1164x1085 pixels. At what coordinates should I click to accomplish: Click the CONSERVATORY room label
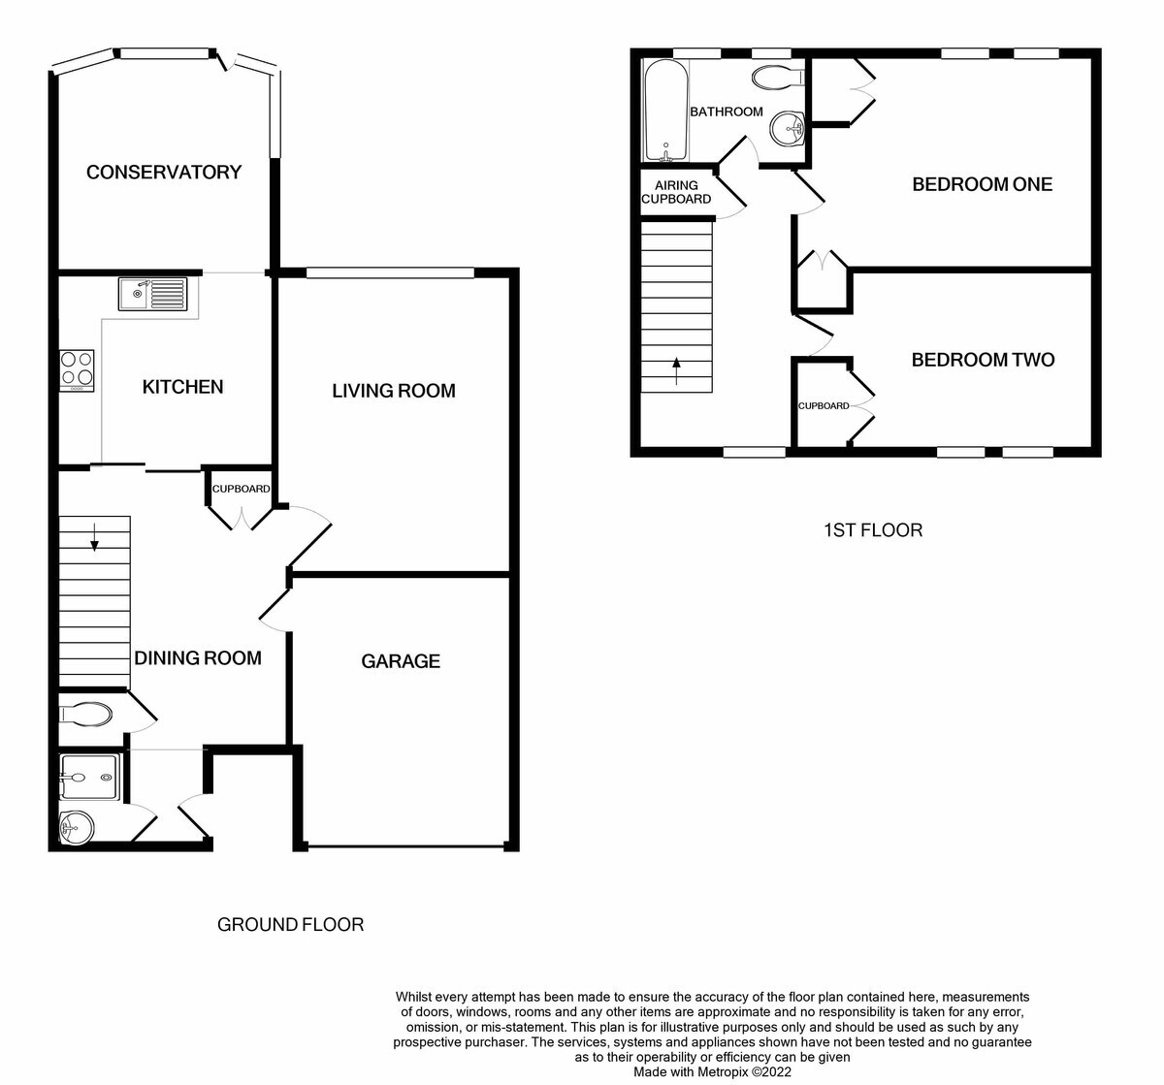[164, 172]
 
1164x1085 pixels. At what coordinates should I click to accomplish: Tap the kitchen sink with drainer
[153, 294]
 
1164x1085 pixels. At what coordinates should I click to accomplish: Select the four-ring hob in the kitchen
[77, 371]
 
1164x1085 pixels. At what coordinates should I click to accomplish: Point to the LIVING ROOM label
[393, 391]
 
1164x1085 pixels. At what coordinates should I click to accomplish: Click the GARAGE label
[401, 661]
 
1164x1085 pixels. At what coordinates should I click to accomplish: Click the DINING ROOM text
[198, 658]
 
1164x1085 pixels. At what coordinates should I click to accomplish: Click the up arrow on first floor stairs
[676, 370]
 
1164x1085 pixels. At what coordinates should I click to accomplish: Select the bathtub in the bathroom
[665, 111]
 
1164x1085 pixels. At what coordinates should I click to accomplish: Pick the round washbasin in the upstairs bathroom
[789, 128]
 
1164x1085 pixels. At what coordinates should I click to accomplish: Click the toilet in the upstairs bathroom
[778, 78]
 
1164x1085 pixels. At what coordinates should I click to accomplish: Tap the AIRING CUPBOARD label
[676, 192]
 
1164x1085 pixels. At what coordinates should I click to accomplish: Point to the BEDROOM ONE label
[983, 184]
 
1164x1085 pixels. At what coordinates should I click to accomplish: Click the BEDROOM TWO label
[983, 360]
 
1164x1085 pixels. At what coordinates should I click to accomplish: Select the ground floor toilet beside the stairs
[85, 715]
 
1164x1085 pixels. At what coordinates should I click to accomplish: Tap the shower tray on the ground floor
[90, 777]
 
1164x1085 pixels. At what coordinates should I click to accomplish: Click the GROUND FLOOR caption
[290, 924]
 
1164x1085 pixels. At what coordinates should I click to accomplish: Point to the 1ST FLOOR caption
[873, 530]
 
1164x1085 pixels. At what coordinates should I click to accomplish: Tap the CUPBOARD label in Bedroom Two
[824, 405]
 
